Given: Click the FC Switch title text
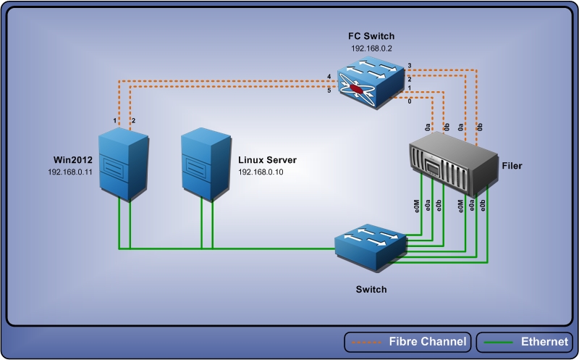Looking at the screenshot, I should tap(370, 35).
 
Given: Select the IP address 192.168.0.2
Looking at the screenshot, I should tap(370, 49).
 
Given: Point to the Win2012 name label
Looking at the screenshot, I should tap(70, 159).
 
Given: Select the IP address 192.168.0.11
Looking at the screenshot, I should tap(71, 172).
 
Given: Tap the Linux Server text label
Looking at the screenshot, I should tap(268, 159).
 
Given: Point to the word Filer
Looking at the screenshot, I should tap(512, 166).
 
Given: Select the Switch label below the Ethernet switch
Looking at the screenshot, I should tap(371, 289).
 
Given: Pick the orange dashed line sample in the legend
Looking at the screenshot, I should tap(366, 342).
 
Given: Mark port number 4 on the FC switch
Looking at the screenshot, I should tap(329, 77).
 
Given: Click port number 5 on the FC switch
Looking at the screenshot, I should tap(329, 90).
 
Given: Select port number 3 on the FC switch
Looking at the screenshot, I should tap(409, 66).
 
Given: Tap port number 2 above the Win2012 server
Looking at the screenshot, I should tap(133, 120).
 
